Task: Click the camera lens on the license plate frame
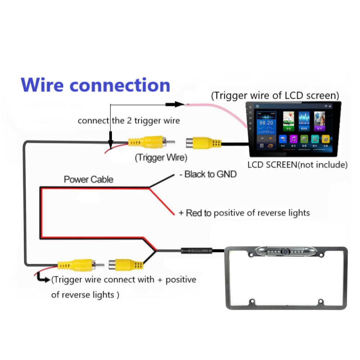[x=285, y=251]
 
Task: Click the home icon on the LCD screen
[x=258, y=106]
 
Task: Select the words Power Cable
[x=88, y=179]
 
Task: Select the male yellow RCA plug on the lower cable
[x=77, y=266]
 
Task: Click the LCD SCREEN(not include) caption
[x=297, y=165]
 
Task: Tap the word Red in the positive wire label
[x=194, y=213]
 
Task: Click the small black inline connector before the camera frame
[x=196, y=250]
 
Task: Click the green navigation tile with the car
[x=288, y=121]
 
